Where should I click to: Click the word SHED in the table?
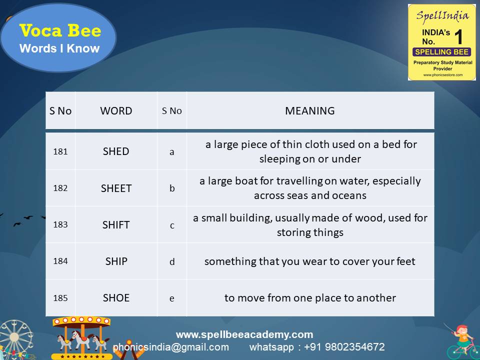point(116,151)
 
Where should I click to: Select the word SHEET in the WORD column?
point(116,188)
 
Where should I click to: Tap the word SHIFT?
point(116,225)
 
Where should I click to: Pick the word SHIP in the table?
point(116,261)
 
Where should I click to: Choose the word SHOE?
point(116,298)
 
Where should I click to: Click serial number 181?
point(60,151)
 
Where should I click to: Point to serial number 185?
point(60,298)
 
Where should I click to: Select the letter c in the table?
point(172,225)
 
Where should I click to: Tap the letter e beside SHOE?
point(172,298)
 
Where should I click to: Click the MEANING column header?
point(310,111)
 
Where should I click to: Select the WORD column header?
point(116,111)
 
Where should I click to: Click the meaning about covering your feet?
point(310,261)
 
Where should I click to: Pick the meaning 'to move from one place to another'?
point(310,298)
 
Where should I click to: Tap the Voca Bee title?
point(60,31)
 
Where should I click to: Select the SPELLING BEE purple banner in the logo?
point(441,52)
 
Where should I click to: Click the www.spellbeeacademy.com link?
point(244,334)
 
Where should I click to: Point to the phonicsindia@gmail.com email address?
point(171,347)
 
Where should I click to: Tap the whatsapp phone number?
point(340,347)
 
